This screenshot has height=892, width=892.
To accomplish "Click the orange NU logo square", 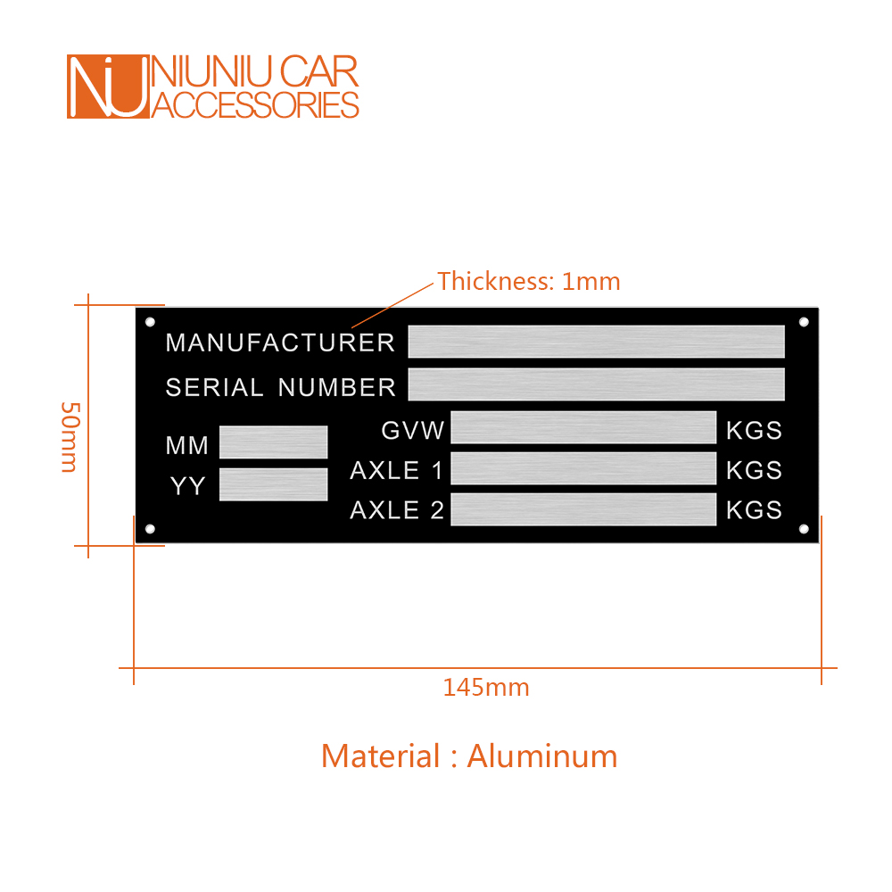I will tap(106, 87).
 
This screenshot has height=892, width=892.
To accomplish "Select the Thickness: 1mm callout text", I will tap(528, 282).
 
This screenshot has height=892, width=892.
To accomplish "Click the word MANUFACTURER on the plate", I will tap(280, 343).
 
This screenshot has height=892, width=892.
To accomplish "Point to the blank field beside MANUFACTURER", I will tap(596, 342).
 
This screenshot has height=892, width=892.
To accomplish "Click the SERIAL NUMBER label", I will tap(280, 387).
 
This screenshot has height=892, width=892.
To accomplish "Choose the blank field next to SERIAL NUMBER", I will tap(596, 384).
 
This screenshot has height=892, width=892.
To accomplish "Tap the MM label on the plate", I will tap(187, 445).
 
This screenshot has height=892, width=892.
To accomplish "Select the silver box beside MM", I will tap(273, 442).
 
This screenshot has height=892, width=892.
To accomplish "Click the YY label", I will tap(188, 486).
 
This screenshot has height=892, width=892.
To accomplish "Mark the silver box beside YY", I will tap(273, 484).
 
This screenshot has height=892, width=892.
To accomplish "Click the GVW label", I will tap(412, 431).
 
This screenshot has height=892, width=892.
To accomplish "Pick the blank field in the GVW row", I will tap(583, 427).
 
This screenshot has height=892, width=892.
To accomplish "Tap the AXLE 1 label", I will tap(396, 470).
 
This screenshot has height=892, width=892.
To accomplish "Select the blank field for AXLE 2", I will tap(583, 509).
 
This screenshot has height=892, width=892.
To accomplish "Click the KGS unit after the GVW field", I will tap(754, 431).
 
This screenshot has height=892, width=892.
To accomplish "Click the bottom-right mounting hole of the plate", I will tap(804, 530).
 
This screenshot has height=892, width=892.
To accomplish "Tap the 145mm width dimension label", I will tap(486, 688).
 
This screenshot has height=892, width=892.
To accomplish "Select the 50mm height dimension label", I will tap(70, 437).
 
